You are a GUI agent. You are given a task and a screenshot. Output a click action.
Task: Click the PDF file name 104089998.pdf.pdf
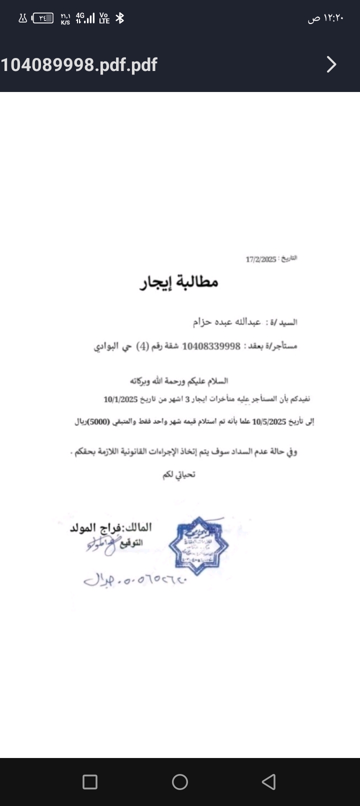tap(79, 64)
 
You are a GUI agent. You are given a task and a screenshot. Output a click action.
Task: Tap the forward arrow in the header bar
tap(331, 64)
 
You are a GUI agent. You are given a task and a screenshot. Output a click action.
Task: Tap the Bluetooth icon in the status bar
tap(119, 18)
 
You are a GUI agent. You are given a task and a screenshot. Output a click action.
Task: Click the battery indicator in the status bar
tap(42, 18)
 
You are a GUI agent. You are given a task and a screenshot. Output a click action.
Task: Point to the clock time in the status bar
tap(326, 18)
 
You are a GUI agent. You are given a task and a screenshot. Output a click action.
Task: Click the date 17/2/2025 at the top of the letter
tap(260, 259)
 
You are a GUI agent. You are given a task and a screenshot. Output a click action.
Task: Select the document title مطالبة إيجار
tap(178, 282)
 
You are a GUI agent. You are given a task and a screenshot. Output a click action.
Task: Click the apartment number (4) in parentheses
tap(142, 346)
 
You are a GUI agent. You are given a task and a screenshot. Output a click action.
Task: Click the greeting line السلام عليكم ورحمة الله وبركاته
tap(179, 381)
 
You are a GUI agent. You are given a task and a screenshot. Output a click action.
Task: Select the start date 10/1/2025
tap(120, 399)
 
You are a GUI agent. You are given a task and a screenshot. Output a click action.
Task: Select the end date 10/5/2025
tap(269, 421)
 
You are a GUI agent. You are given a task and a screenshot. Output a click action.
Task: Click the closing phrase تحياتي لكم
tap(178, 474)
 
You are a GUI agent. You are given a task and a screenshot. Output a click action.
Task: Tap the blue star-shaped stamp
tap(198, 545)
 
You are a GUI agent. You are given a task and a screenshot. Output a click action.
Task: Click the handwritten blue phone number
tap(135, 580)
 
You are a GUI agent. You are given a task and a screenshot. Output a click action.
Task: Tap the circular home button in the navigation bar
tap(180, 781)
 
